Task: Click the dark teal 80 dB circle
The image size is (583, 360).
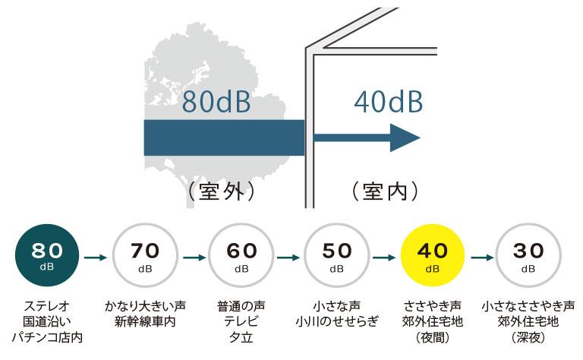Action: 48,257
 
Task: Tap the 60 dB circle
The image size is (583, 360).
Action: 241,257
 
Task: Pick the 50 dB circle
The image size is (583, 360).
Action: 336,257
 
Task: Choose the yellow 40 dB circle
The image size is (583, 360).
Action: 432,257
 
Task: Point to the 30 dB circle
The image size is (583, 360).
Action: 528,257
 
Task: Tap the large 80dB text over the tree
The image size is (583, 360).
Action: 216,101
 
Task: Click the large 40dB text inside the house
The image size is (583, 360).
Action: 387,101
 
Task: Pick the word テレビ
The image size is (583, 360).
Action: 241,322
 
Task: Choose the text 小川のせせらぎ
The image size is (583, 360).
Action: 336,322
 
